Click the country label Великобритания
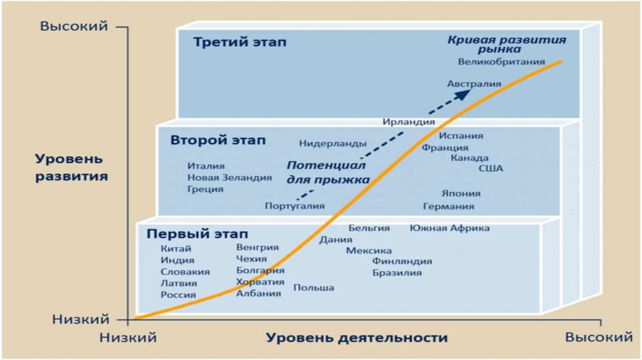click(501, 61)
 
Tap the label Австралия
click(474, 83)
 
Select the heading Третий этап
click(239, 43)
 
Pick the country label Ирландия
click(409, 122)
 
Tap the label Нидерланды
click(332, 144)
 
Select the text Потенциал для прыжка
click(328, 172)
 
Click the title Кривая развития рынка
click(507, 44)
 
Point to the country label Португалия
click(294, 206)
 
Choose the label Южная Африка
click(450, 228)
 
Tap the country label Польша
click(313, 287)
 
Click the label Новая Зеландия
click(229, 177)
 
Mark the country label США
click(491, 168)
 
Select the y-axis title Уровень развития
click(71, 167)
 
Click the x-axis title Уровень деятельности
click(357, 338)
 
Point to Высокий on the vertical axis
click(74, 26)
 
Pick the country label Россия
click(178, 295)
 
